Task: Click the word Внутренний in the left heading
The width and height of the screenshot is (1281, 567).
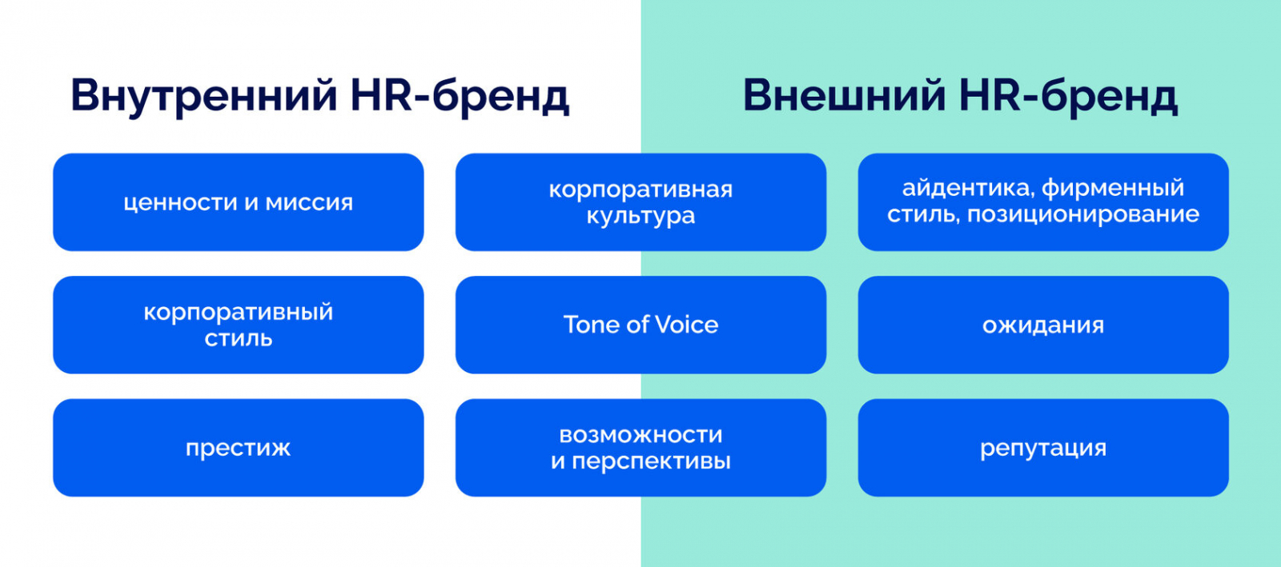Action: (x=204, y=96)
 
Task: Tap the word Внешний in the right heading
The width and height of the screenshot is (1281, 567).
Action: (x=844, y=96)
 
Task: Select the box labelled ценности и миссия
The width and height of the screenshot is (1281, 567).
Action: (x=238, y=202)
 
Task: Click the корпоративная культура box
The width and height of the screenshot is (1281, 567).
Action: (x=640, y=202)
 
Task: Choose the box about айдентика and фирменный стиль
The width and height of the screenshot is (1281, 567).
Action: (x=1043, y=202)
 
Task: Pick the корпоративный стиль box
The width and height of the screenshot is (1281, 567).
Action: (x=238, y=325)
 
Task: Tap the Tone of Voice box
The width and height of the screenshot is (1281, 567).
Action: (x=640, y=325)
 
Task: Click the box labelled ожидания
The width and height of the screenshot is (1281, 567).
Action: (x=1043, y=325)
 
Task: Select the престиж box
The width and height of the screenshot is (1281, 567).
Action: (x=238, y=448)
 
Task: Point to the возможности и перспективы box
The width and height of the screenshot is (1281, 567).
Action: (x=640, y=448)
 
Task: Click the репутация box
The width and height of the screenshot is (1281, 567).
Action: (x=1043, y=448)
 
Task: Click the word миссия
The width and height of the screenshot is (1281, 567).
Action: (x=309, y=203)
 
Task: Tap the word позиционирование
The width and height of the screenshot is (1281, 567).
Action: (x=1083, y=215)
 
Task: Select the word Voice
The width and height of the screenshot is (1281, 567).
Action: (x=686, y=325)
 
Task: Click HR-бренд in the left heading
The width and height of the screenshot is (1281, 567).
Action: (x=460, y=96)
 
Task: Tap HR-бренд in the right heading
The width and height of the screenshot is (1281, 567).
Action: (x=1068, y=96)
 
